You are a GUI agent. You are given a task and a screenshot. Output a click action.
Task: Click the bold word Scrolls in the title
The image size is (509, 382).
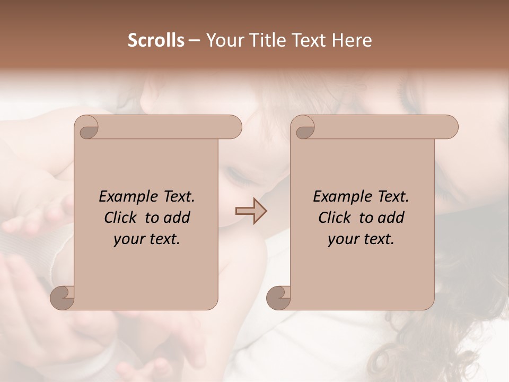click(156, 40)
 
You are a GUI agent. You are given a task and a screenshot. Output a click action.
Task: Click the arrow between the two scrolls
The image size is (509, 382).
click(251, 211)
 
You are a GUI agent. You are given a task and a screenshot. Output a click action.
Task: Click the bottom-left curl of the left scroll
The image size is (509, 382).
click(62, 298)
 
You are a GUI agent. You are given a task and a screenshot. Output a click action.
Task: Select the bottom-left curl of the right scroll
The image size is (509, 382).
click(278, 298)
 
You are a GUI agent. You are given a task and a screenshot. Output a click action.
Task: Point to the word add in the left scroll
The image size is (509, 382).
click(177, 218)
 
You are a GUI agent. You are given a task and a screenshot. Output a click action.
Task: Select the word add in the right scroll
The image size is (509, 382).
click(391, 218)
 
